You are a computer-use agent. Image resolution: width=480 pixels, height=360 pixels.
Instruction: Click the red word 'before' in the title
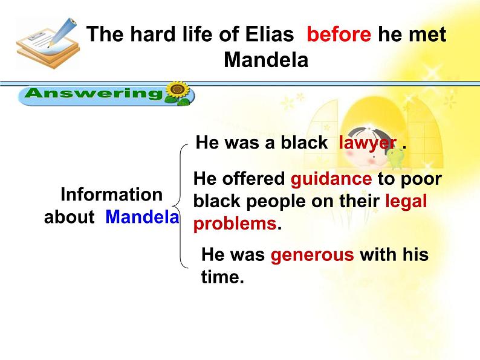[339, 34]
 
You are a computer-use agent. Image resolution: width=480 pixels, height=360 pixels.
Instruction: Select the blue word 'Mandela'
[142, 217]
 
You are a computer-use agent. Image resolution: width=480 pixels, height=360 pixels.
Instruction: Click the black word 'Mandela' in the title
[266, 59]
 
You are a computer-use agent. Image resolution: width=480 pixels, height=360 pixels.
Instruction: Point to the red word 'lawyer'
[368, 143]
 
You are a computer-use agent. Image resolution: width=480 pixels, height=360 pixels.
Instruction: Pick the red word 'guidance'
[331, 179]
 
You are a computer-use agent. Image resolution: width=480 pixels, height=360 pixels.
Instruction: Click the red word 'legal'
[406, 201]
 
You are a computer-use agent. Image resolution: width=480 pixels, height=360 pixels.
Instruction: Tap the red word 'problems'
[235, 224]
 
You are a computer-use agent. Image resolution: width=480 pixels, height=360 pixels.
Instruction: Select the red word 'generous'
[313, 255]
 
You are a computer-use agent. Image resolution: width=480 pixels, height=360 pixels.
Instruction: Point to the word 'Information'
[111, 194]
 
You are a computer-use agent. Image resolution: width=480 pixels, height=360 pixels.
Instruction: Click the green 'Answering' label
[93, 93]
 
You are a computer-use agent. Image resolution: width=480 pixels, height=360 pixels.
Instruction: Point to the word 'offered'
[253, 179]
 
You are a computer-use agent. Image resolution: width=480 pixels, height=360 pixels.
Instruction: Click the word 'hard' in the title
[152, 34]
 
